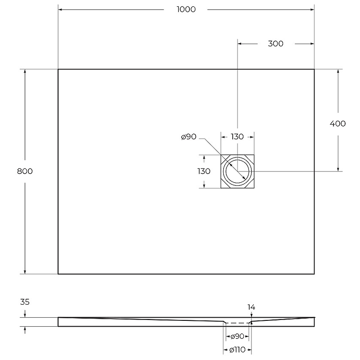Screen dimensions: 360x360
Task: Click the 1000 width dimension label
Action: [186, 9]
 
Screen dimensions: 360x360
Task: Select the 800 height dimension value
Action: [25, 171]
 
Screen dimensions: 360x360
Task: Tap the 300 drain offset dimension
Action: [275, 44]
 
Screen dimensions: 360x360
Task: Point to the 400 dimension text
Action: [338, 124]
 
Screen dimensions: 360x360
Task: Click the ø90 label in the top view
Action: [189, 137]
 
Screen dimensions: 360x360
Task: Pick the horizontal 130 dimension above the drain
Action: [237, 137]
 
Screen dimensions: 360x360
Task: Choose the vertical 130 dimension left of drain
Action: [204, 171]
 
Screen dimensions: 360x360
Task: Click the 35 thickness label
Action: [25, 302]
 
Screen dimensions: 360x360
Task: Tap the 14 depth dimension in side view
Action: [251, 307]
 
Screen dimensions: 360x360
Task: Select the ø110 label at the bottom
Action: [237, 350]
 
